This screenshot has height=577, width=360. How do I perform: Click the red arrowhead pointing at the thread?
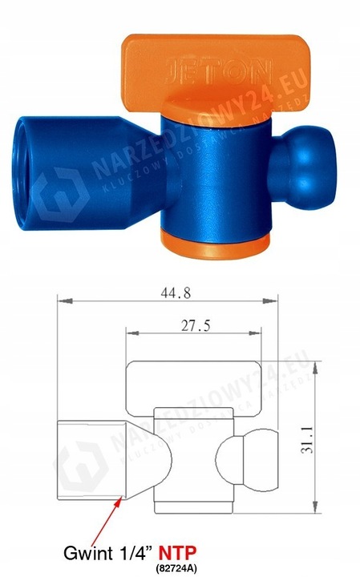121,499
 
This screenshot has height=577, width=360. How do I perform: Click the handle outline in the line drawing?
192,384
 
